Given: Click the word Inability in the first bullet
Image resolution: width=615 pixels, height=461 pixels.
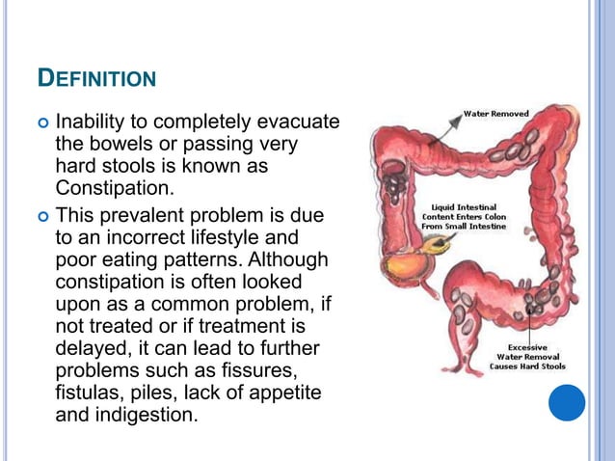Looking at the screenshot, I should click(x=94, y=123).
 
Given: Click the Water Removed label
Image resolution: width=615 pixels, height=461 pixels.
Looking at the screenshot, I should click(x=495, y=113).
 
